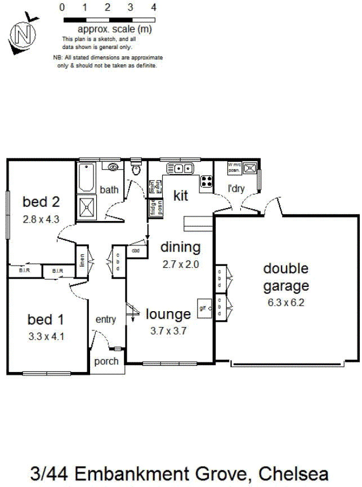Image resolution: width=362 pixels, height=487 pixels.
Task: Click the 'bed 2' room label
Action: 41,201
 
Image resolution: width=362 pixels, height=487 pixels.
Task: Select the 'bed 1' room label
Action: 46,320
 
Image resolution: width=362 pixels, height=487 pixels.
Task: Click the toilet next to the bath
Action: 135,170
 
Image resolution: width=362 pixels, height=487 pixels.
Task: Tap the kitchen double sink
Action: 180,168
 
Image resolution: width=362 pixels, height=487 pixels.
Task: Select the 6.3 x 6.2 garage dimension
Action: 286,302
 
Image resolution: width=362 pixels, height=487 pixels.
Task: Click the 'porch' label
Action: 106,361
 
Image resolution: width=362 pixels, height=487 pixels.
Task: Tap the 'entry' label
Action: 106,320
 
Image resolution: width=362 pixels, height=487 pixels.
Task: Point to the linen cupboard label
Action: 82,260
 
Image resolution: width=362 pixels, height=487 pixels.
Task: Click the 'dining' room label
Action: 180,247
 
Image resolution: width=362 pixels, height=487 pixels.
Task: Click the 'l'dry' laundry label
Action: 236,189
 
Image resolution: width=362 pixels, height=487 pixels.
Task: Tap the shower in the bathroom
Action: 87,207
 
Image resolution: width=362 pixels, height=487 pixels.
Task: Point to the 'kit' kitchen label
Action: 180,196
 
